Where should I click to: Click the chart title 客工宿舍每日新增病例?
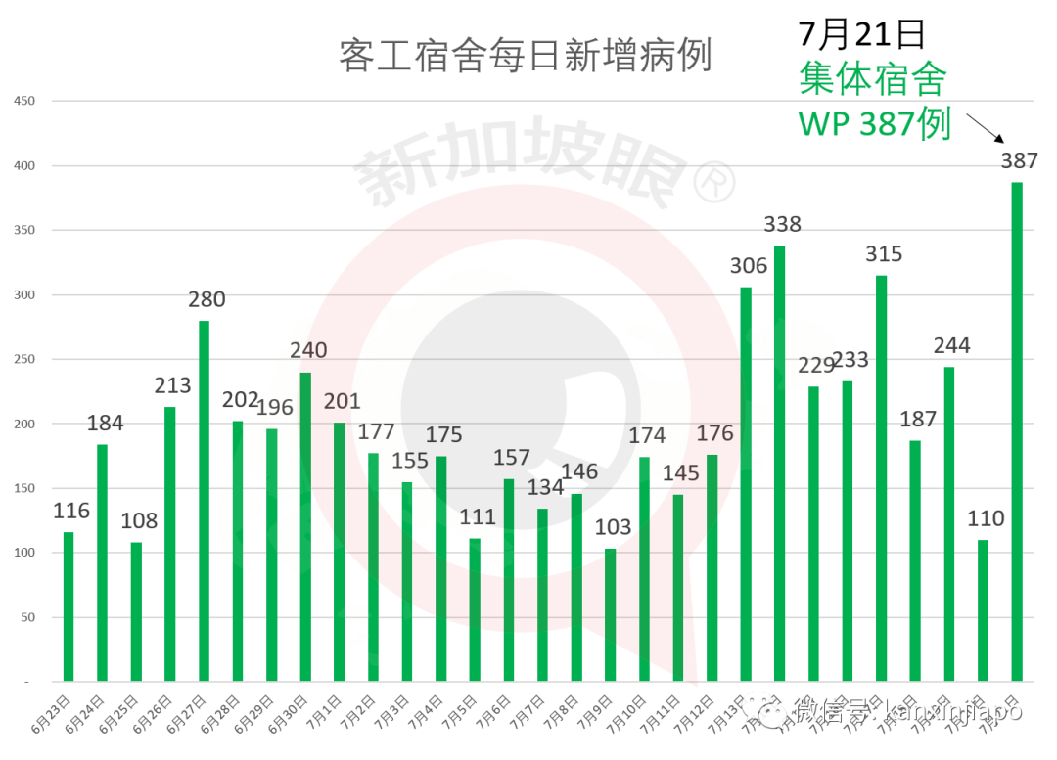click(x=525, y=56)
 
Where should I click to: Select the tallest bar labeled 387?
click(x=1017, y=430)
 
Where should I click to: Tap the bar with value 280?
click(x=204, y=500)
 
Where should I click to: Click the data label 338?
click(x=782, y=224)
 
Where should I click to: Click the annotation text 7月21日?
click(x=861, y=34)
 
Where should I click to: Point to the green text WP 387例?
click(x=875, y=124)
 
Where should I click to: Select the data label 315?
click(x=884, y=254)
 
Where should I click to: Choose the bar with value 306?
click(x=746, y=483)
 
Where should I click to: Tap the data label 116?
click(x=71, y=511)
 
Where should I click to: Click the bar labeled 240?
click(x=305, y=526)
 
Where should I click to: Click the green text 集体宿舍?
click(x=872, y=79)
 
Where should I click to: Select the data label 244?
click(x=951, y=345)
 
